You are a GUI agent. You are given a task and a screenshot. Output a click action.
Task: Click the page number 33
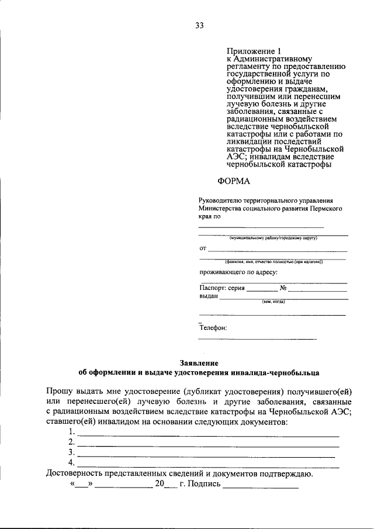[199, 25]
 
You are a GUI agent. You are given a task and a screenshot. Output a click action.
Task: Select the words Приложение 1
[249, 51]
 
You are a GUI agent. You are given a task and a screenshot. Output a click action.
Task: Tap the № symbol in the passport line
[283, 288]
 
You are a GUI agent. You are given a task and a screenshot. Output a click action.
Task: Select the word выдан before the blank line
[209, 296]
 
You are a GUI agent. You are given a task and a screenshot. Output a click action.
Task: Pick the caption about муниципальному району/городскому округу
[273, 238]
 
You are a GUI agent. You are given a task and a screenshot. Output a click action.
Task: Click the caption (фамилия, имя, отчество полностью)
[273, 262]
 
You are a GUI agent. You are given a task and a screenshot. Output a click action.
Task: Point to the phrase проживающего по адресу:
[238, 272]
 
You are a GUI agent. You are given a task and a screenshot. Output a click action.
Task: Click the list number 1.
[71, 432]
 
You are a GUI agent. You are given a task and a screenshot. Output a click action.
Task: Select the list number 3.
[71, 452]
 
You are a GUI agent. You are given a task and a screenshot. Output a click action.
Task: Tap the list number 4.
[71, 462]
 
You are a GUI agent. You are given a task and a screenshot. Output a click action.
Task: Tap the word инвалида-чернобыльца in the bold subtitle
[278, 372]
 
